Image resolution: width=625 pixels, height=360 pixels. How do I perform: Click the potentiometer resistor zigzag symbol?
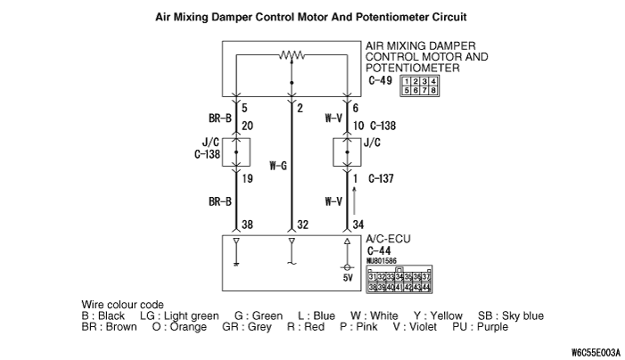click(x=292, y=56)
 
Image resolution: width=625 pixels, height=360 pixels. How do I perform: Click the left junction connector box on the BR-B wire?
click(x=235, y=151)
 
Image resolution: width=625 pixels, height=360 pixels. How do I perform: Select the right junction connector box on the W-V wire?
click(x=348, y=151)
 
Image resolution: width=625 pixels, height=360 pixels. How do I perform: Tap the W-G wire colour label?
click(x=278, y=164)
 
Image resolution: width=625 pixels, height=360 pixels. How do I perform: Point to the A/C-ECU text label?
click(x=388, y=241)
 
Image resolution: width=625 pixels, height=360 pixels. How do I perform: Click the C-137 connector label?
click(x=382, y=177)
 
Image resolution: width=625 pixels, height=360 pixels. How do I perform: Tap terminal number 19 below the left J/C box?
click(x=248, y=177)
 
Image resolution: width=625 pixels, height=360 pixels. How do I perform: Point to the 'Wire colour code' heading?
click(x=122, y=305)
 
